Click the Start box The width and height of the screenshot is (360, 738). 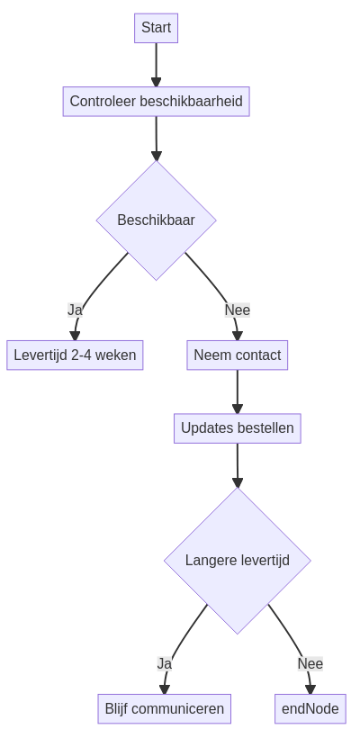pos(157,28)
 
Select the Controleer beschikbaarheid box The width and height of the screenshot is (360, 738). pos(157,101)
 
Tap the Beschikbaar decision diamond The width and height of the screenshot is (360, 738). pos(157,220)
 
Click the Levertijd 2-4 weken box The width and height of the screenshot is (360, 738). pos(75,355)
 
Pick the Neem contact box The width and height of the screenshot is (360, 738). pos(238,355)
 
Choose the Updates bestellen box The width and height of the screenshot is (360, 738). pos(238,428)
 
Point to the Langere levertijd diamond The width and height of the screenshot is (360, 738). pos(238,561)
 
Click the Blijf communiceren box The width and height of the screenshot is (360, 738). pos(164,708)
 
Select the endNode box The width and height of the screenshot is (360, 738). pos(310,708)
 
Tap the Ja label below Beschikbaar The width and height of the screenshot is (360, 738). pos(75,310)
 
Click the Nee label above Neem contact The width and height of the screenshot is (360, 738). pos(238,310)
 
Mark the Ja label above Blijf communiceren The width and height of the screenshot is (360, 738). pos(164,663)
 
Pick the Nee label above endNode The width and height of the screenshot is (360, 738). pos(310,663)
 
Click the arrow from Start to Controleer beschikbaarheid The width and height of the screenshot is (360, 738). pos(157,65)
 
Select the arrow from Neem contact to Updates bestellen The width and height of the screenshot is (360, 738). pos(238,391)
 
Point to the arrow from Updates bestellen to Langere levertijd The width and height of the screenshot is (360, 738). pos(238,465)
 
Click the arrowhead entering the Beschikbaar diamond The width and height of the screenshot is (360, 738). pos(157,156)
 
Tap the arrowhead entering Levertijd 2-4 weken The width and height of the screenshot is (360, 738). pos(75,336)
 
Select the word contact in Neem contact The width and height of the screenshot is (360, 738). pos(259,355)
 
